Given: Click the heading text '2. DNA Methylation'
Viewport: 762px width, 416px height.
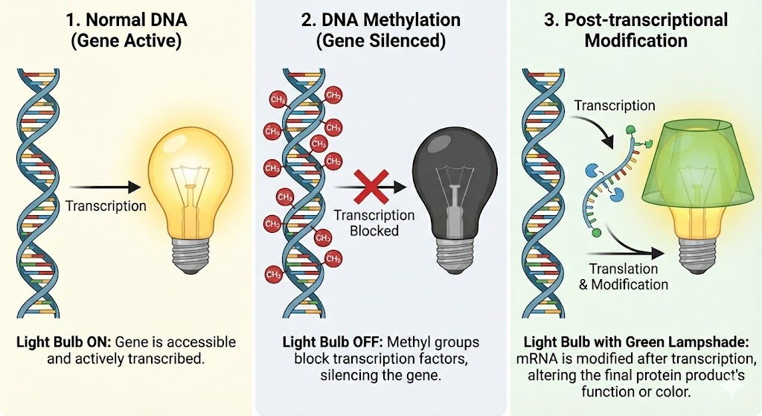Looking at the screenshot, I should coord(381,19).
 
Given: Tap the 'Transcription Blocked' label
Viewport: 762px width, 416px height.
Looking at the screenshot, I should coord(374,223).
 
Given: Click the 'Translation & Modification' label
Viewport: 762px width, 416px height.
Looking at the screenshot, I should coord(628,276).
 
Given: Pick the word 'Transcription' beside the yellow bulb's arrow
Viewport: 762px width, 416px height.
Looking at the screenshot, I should coord(106,206).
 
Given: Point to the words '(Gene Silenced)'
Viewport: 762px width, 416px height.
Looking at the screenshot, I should coord(381,41).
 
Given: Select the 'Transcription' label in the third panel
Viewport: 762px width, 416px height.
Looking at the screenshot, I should coord(614,106).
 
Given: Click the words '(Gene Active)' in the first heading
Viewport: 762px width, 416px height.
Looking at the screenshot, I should coord(126,41).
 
